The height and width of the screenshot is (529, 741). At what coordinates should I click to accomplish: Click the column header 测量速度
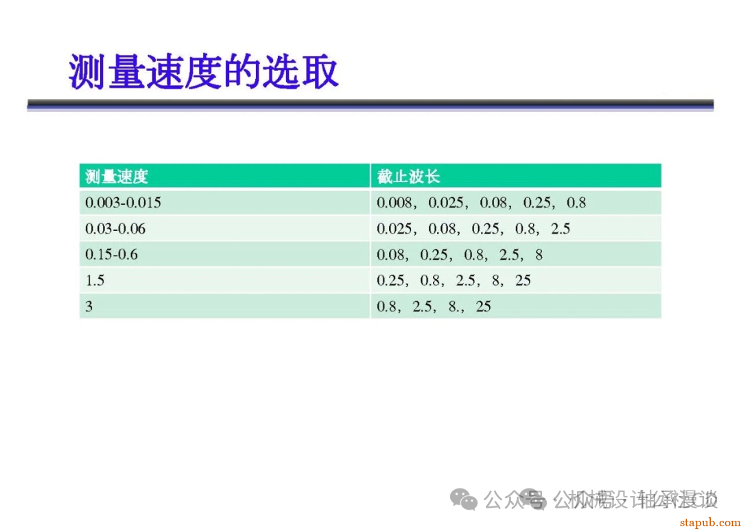coord(117,177)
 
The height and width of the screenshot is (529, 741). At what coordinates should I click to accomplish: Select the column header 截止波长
coord(408,177)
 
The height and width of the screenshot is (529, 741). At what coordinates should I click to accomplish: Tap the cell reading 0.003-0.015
coord(123,203)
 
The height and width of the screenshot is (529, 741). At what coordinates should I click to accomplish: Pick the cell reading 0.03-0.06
coord(115,229)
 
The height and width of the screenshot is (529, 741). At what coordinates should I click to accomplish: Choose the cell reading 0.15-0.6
coord(111,255)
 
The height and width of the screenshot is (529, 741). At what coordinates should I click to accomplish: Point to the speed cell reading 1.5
coord(95,281)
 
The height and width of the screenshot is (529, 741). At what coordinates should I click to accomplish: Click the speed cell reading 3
coord(89,306)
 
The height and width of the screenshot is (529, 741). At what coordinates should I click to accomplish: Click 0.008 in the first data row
coord(395,203)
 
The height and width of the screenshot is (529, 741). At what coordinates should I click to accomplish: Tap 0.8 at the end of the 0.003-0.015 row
coord(576,203)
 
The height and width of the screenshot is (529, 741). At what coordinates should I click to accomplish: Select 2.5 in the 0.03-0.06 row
coord(561,229)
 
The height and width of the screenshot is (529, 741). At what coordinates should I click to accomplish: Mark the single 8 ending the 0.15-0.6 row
coord(539,255)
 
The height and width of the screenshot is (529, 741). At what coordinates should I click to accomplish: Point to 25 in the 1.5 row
coord(523,281)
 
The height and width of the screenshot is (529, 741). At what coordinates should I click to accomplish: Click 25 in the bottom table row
coord(484,306)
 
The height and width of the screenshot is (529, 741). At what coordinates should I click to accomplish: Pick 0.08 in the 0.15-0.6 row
coord(391,255)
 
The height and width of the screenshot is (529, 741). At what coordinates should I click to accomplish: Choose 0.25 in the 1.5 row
coord(391,281)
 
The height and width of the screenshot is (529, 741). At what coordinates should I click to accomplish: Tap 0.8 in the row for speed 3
coord(387,306)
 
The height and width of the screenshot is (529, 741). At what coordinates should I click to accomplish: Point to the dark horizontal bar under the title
coord(370,104)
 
